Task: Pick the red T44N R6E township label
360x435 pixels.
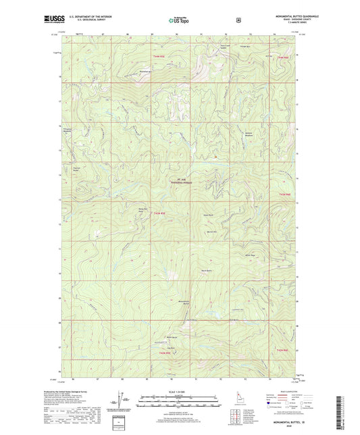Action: click(282, 58)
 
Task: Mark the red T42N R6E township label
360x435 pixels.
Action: click(282, 350)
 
